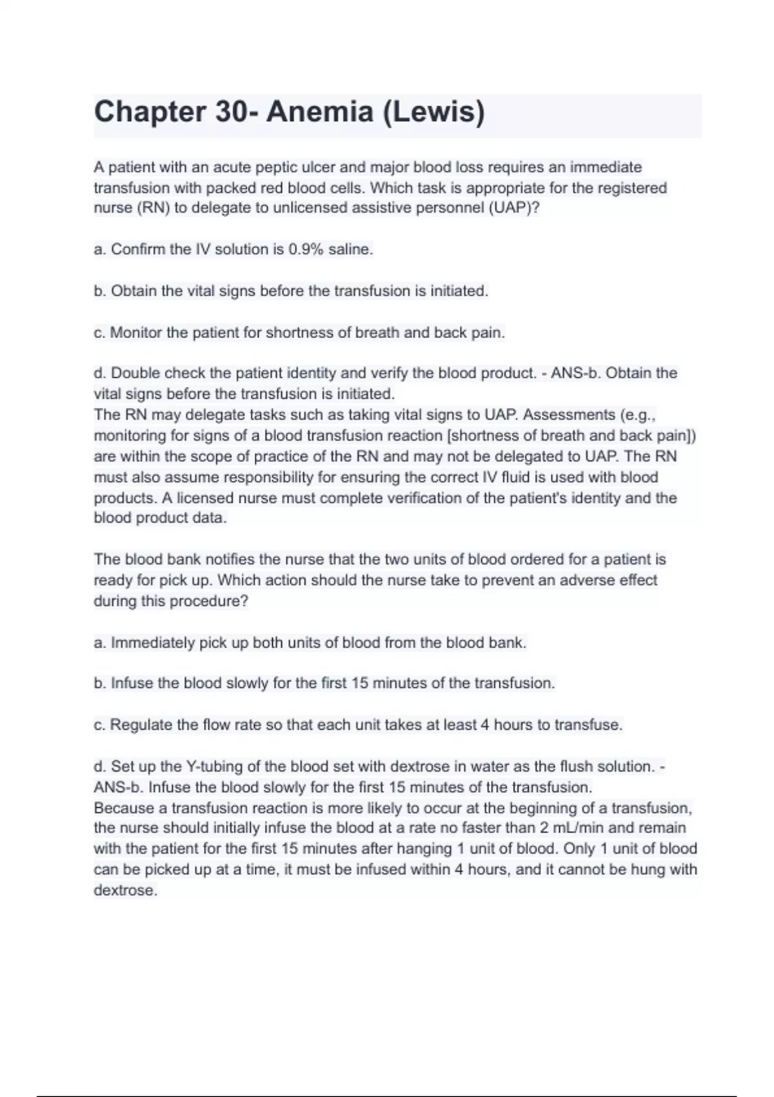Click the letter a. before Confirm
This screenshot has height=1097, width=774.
[99, 250]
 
